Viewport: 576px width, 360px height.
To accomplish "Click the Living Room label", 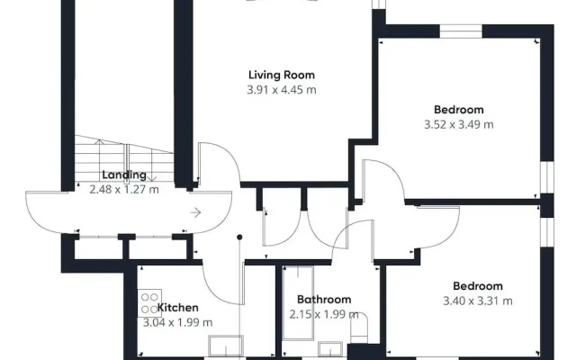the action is point(282,75).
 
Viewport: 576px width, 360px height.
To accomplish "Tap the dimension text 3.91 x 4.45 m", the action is point(282,90).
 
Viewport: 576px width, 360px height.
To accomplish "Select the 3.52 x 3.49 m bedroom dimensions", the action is point(459,124).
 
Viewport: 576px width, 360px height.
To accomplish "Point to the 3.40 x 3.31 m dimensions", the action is point(478,301).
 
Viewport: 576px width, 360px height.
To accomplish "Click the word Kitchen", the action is point(178,308).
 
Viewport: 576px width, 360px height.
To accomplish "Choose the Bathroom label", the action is point(324,300).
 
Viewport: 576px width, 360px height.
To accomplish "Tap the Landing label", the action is point(124,175).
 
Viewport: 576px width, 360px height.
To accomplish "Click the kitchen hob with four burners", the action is point(149,303).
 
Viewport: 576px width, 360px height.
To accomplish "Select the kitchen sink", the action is point(226,346).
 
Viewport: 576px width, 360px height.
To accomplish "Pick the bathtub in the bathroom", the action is point(298,303).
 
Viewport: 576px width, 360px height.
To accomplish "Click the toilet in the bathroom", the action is point(359,328).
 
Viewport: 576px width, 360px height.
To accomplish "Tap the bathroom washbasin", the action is point(330,349).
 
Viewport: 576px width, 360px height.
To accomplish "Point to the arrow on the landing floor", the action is point(195,212).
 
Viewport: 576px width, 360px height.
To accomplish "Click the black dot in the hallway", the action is point(239,238).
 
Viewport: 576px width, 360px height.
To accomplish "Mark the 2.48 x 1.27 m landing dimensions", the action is point(124,190).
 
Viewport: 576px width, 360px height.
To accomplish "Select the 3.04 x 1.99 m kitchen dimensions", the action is point(178,322).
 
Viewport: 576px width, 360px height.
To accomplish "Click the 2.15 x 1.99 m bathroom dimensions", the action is point(324,314).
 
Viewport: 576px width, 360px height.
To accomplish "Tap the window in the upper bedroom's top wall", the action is point(461,31).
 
